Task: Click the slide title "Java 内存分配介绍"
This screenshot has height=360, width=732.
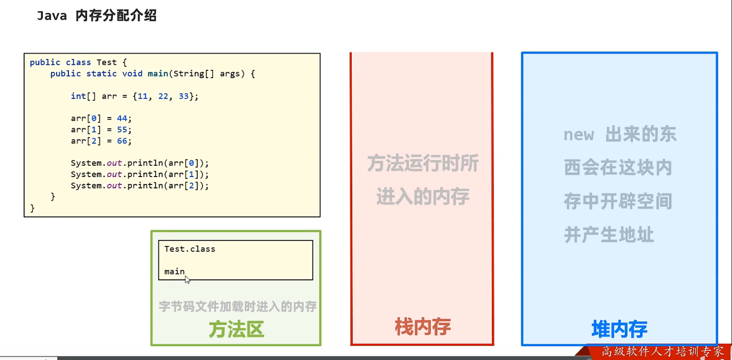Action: (x=96, y=16)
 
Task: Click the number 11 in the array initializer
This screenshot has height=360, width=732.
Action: (x=143, y=96)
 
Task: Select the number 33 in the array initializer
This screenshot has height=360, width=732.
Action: (x=183, y=96)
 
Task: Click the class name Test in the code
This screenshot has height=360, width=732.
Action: (x=106, y=62)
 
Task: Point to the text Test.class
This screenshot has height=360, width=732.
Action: (x=190, y=249)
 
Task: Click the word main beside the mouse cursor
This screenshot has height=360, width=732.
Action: (x=174, y=271)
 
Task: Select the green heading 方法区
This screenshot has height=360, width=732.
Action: (x=237, y=330)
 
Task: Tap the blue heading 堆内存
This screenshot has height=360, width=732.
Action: (x=619, y=329)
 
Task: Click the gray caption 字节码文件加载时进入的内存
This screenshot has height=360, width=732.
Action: (x=238, y=306)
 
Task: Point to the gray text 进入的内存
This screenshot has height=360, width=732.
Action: (x=423, y=197)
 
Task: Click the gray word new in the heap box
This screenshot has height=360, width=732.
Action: (x=579, y=134)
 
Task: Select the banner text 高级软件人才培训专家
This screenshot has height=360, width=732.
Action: (x=663, y=352)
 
